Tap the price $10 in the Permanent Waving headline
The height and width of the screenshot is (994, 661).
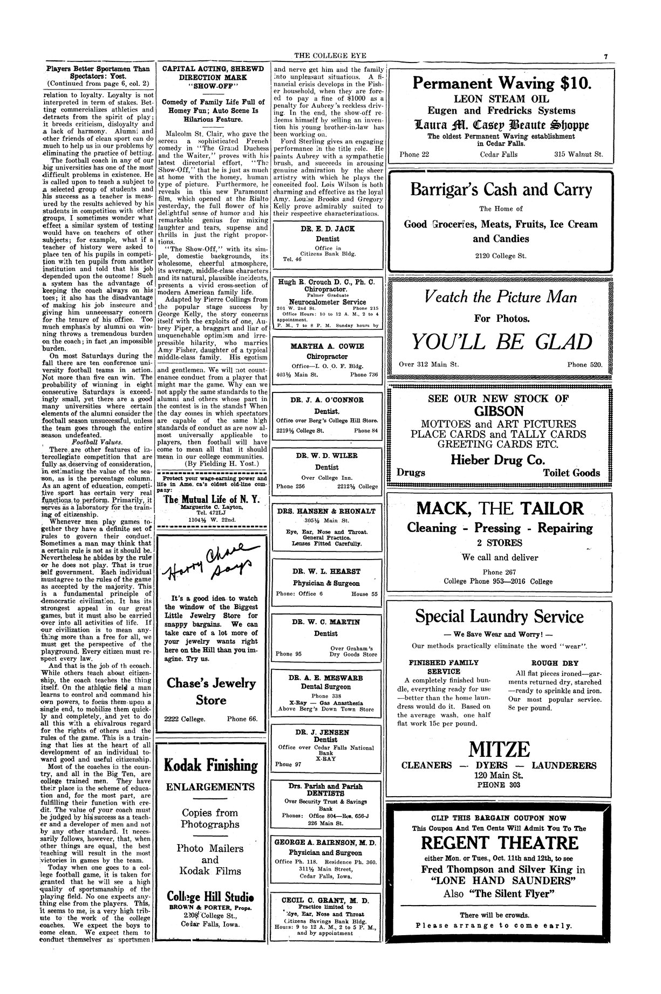click(x=575, y=84)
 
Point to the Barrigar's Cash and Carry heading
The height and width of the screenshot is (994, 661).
click(x=501, y=190)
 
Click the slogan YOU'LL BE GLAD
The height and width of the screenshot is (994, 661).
click(x=502, y=342)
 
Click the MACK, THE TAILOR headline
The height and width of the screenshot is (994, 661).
click(x=500, y=508)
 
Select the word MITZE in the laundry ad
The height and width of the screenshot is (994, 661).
click(x=499, y=749)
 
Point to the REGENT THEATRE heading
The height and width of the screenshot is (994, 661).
click(x=499, y=843)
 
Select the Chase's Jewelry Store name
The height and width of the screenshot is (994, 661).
click(x=211, y=692)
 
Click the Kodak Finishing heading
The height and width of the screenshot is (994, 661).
click(x=210, y=765)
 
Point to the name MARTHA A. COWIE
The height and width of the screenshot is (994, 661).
click(x=328, y=346)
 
